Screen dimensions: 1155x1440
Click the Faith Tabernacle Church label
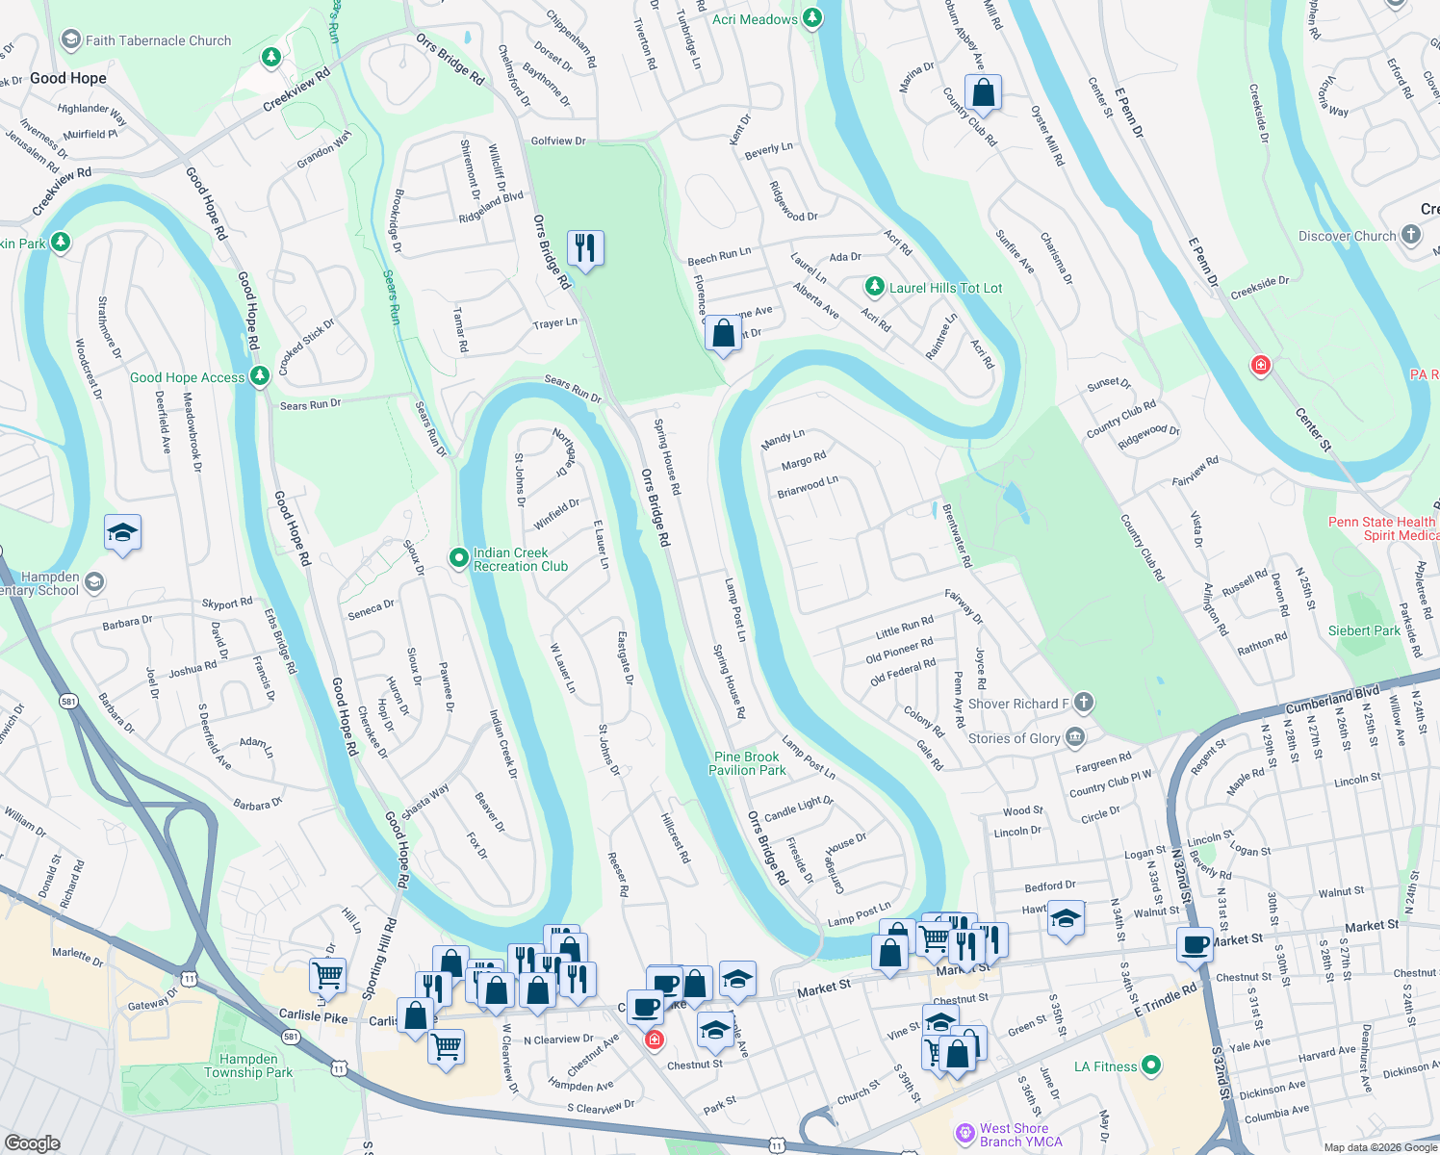point(158,40)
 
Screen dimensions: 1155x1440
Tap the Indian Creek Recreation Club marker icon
point(459,557)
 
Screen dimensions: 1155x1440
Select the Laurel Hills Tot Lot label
point(945,288)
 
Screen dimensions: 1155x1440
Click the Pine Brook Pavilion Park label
point(747,763)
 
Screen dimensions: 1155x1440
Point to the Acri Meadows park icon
point(812,18)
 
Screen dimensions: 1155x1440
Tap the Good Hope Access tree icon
point(259,376)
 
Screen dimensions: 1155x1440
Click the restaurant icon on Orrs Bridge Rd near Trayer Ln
point(585,248)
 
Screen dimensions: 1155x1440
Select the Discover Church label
point(1347,236)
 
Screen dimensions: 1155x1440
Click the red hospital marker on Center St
point(1260,365)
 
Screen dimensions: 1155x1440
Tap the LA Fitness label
point(1105,1066)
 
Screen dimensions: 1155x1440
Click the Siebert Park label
point(1364,631)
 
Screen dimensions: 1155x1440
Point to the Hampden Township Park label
point(247,1065)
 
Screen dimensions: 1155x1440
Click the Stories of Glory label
point(1014,738)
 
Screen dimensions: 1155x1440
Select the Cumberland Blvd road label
point(1332,699)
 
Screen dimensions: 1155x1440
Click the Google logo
point(33,1142)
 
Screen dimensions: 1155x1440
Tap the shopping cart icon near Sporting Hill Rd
point(327,975)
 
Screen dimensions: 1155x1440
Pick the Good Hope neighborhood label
point(68,78)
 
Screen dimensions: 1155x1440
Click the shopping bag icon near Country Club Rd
point(983,93)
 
